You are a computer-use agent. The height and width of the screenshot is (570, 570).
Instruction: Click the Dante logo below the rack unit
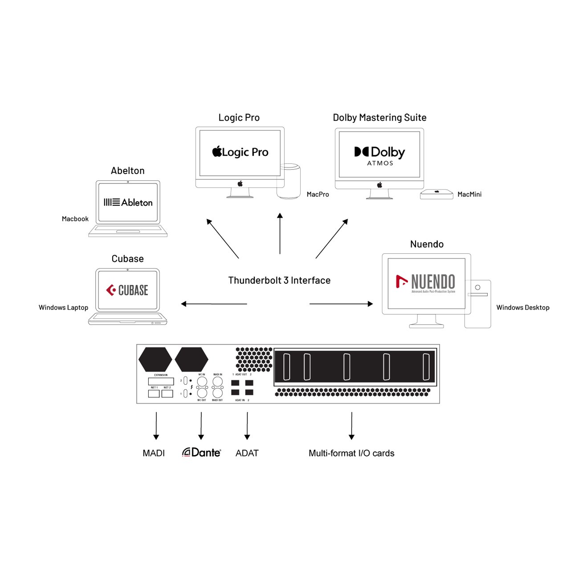pos(202,452)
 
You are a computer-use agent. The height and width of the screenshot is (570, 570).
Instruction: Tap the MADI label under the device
pos(154,453)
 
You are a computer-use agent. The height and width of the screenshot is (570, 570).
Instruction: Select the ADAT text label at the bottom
pos(247,453)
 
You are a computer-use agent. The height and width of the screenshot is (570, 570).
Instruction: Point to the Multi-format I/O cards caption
pos(351,453)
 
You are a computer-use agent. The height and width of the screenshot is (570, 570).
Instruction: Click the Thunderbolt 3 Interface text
pos(279,281)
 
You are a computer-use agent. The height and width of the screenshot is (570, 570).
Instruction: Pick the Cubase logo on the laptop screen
pos(127,290)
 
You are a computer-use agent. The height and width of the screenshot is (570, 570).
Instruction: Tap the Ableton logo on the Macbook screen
pos(128,203)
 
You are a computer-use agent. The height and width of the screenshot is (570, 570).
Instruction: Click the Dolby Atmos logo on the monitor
pos(379,155)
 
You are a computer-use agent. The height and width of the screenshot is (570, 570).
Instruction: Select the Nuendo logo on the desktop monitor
pos(426,283)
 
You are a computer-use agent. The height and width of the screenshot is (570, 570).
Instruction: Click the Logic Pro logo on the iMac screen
pos(240,152)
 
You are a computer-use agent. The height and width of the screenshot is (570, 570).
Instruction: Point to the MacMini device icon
pos(436,194)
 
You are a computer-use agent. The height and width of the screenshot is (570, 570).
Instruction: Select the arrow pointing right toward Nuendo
pos(341,304)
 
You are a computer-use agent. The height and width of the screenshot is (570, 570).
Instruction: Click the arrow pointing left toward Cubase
pos(214,304)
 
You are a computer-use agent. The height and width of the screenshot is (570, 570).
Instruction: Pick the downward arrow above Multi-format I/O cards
pos(351,426)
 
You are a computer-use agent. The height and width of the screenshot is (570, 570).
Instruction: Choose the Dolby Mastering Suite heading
pos(379,118)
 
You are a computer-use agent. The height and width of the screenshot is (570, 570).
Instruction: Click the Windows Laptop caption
pos(63,308)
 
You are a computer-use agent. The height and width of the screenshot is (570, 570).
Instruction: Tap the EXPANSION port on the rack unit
pos(161,381)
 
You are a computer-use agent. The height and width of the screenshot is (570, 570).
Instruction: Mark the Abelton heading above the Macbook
pos(127,171)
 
